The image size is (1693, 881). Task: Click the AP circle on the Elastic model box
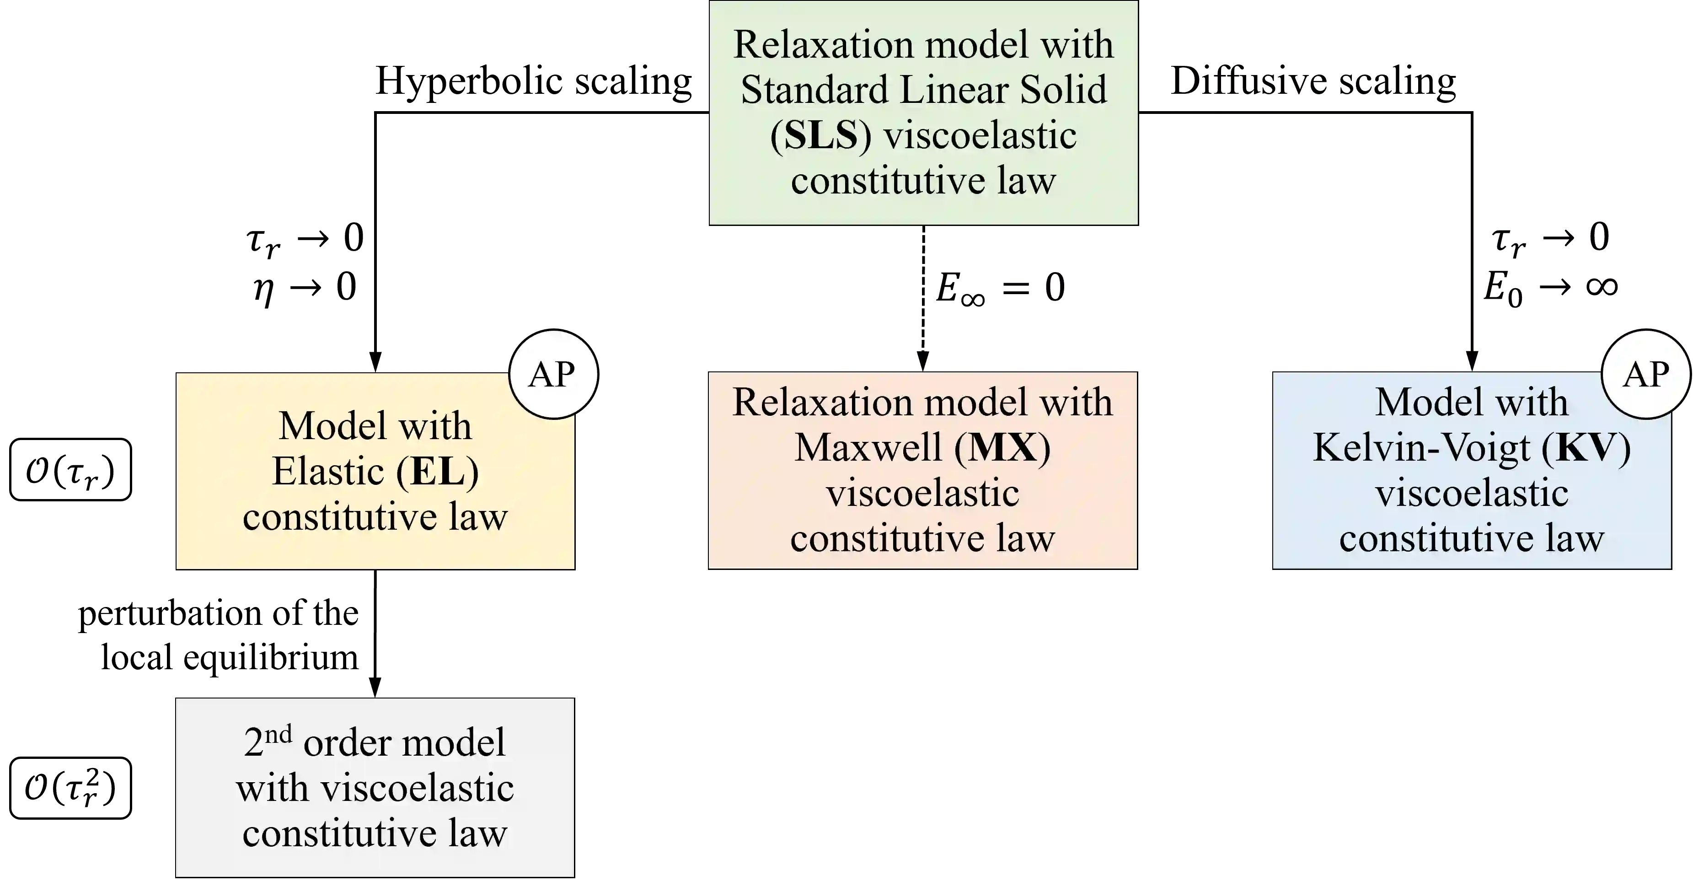(x=553, y=375)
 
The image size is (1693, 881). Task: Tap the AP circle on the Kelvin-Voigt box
(x=1646, y=375)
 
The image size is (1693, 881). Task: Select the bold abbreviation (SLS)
(x=821, y=135)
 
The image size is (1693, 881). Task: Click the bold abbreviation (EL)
(x=437, y=472)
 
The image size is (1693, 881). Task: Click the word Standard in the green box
(x=815, y=90)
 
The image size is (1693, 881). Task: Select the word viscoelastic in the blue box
(x=1472, y=493)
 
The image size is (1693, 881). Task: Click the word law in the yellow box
(x=478, y=517)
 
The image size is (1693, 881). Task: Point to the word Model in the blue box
(x=1421, y=403)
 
